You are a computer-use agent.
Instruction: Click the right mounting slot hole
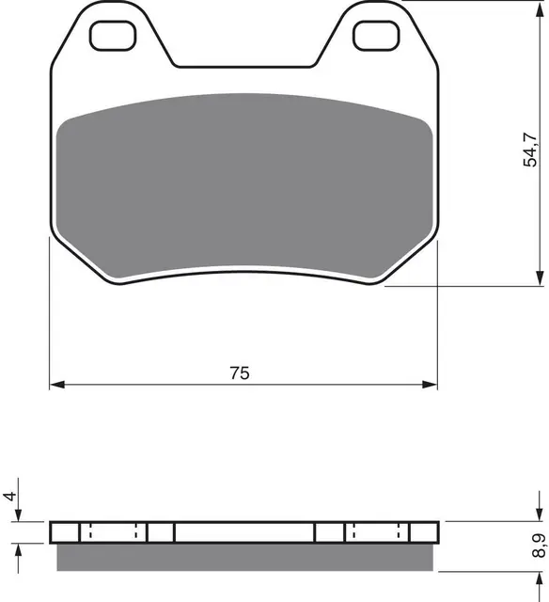pos(375,35)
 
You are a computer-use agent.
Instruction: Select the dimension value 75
pos(240,373)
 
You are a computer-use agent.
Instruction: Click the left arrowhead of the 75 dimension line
pos(55,385)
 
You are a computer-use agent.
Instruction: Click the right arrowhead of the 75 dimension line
pos(432,385)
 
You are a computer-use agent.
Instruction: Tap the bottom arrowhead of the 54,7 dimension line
pos(539,279)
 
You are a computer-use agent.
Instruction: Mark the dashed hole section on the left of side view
pos(113,531)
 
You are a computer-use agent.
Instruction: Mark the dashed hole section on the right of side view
pos(376,531)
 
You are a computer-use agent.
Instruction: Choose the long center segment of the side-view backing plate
pos(244,531)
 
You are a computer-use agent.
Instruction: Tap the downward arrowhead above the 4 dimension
pos(22,516)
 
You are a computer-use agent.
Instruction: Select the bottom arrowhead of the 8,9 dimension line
pos(539,565)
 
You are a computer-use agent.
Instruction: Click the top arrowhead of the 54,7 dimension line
pos(539,6)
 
